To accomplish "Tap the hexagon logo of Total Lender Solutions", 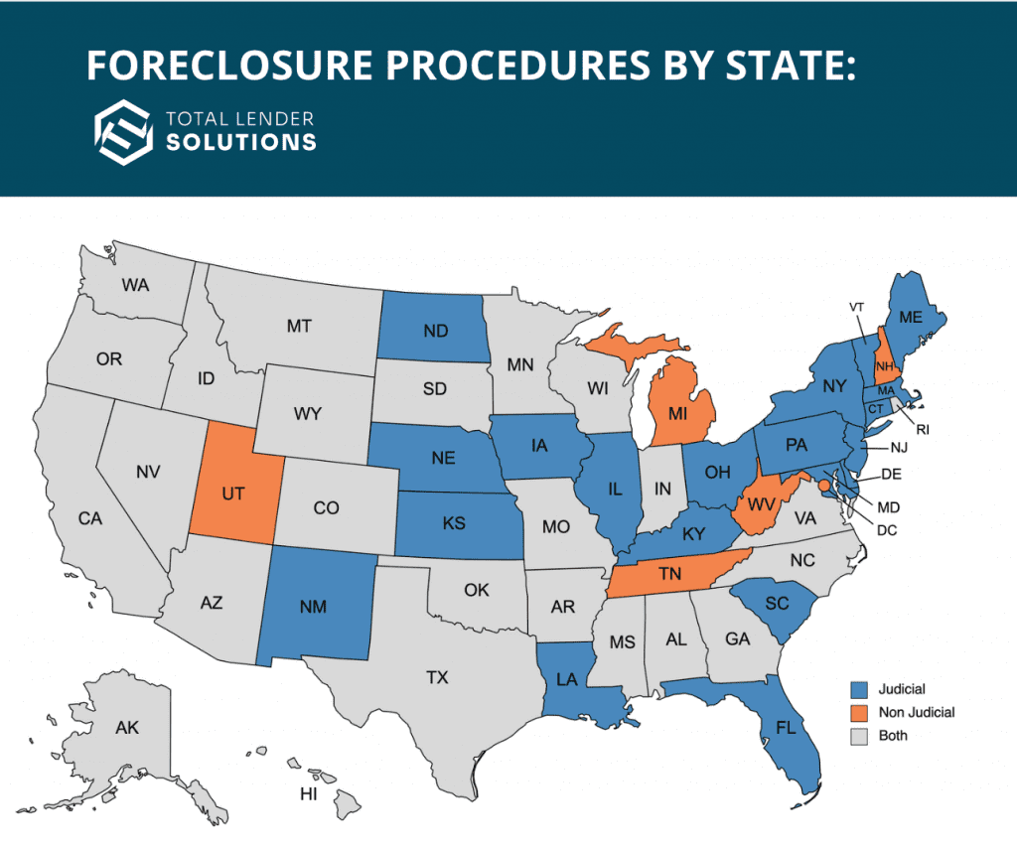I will pos(124,133).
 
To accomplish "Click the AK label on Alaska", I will pos(127,728).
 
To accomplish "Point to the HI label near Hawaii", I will pos(309,793).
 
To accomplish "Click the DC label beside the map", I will pos(888,530).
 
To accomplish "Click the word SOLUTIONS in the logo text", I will pos(240,142).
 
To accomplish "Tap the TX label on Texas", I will pos(437,678).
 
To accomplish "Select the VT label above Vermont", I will pos(857,306).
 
